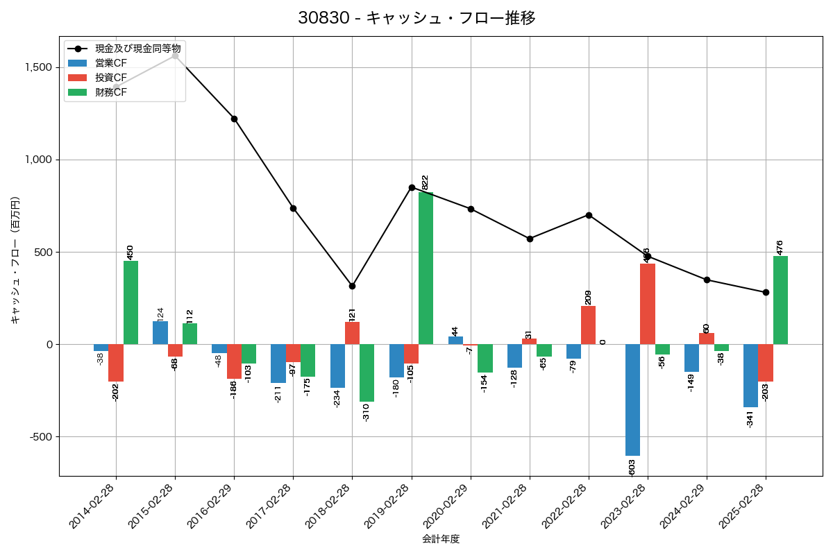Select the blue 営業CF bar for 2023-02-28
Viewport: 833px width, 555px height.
(x=632, y=400)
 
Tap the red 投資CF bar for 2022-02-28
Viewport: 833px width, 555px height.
(x=588, y=325)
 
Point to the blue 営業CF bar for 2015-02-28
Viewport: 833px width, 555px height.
(x=160, y=332)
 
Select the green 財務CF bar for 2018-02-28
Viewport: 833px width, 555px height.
(x=367, y=373)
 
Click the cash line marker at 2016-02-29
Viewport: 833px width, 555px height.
(x=234, y=119)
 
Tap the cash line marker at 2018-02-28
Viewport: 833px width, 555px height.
(x=352, y=286)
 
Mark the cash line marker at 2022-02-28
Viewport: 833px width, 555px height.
(x=589, y=215)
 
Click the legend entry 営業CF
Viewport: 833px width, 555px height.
(x=111, y=63)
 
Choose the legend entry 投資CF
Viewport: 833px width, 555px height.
(x=111, y=78)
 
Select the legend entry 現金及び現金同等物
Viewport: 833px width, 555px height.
(x=138, y=49)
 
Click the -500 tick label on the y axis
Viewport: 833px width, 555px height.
(x=40, y=437)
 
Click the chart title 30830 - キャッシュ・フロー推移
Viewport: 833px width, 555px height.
(x=416, y=18)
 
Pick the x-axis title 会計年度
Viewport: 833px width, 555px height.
(x=441, y=539)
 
